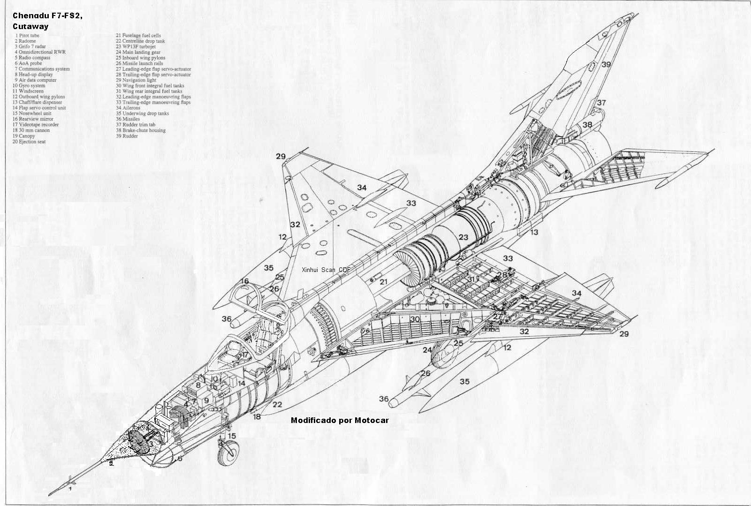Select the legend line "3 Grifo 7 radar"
point(30,46)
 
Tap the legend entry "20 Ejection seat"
point(29,141)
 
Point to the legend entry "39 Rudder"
point(127,136)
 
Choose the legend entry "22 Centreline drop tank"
point(140,41)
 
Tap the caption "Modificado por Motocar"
point(340,420)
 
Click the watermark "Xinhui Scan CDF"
point(326,270)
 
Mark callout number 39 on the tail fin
point(606,64)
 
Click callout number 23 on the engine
point(463,237)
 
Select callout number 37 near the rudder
point(601,103)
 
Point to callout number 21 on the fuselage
point(384,282)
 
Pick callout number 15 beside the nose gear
point(232,436)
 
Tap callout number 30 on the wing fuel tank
point(415,319)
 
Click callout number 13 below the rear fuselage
point(535,233)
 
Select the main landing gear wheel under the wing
point(444,356)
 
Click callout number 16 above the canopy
point(244,281)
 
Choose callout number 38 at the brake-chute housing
point(587,125)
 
